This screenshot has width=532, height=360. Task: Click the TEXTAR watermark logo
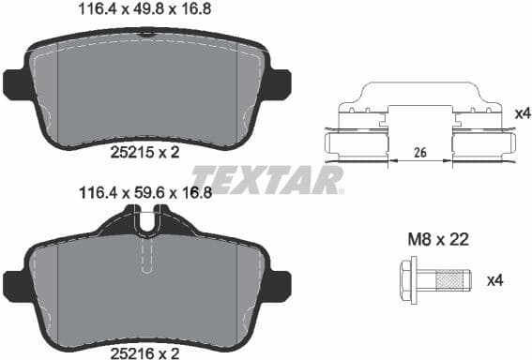point(267,178)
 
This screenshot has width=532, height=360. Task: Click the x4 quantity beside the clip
point(523,113)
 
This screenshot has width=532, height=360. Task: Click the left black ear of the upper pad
point(16,84)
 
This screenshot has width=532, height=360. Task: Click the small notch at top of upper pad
point(144,34)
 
